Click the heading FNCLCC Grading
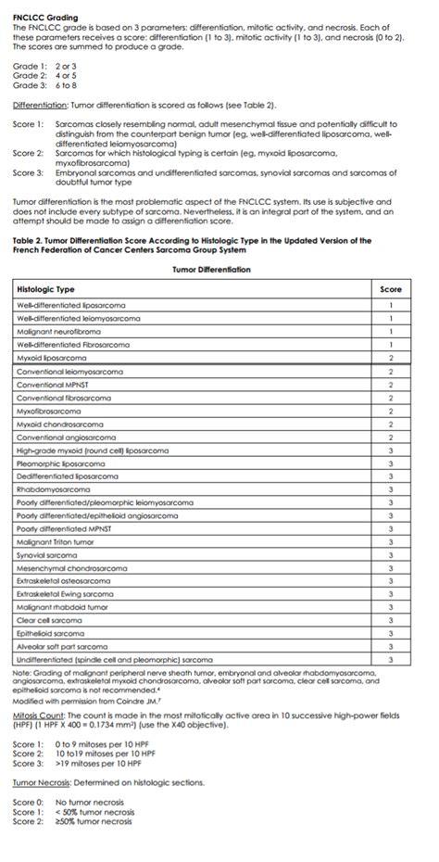[45, 18]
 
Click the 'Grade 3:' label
[30, 85]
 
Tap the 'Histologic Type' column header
[47, 289]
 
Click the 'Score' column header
[391, 289]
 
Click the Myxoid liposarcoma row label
[50, 357]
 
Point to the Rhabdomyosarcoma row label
[54, 488]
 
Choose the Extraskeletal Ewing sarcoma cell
[65, 593]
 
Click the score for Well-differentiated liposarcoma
[391, 305]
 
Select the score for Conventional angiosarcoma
[391, 437]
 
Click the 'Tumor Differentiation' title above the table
[211, 270]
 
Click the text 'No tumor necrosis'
[94, 802]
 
